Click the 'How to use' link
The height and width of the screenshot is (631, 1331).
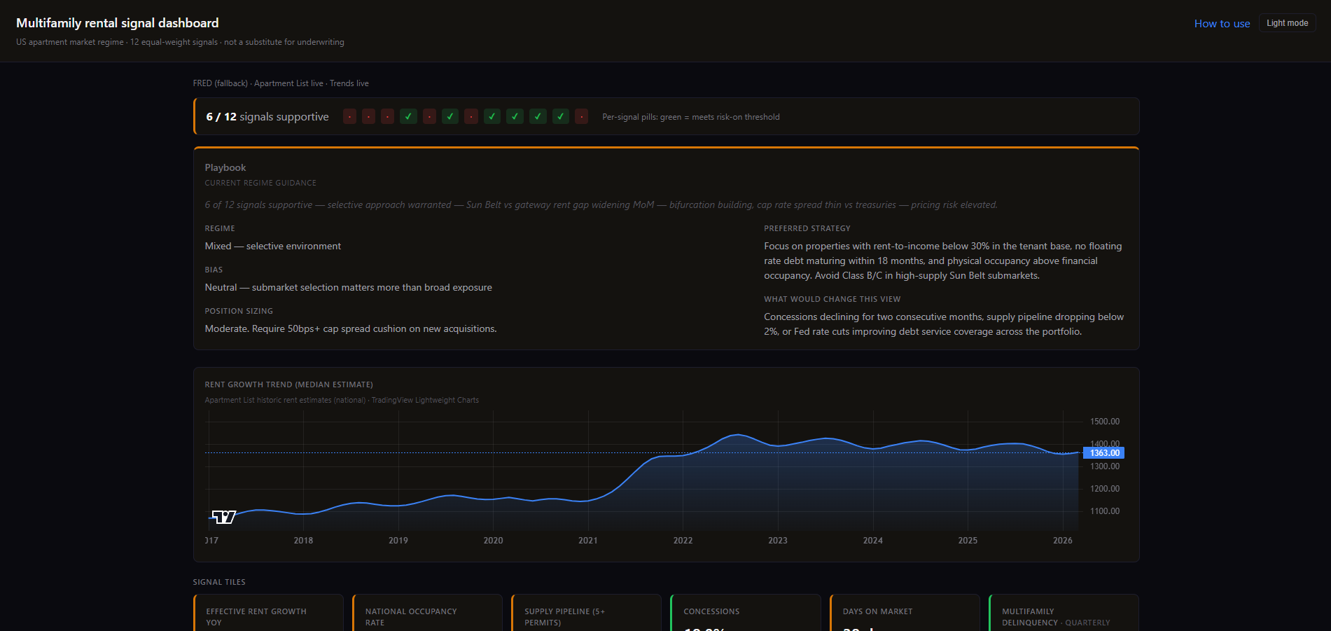point(1222,24)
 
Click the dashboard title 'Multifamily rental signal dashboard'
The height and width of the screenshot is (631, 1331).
point(118,23)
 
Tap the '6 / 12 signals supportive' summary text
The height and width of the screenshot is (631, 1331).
point(267,117)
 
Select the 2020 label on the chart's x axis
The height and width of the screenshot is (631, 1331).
point(493,541)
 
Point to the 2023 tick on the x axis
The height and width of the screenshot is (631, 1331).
point(777,541)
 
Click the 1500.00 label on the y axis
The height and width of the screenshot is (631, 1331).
point(1104,422)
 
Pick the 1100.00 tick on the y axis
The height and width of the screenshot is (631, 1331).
point(1104,511)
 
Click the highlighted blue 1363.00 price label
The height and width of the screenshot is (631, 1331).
point(1104,453)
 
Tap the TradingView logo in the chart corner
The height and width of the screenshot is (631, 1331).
point(224,517)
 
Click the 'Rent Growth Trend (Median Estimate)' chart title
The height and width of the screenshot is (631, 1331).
point(288,384)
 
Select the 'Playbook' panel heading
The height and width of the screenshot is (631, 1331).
point(225,167)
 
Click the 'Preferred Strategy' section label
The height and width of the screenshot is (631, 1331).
point(807,228)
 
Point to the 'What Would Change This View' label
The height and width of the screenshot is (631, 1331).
point(832,299)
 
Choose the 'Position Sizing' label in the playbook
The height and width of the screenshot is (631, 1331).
point(239,311)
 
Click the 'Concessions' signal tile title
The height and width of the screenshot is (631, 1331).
point(711,611)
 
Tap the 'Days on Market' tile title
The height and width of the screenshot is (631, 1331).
point(877,611)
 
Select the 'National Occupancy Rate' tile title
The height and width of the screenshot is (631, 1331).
point(410,616)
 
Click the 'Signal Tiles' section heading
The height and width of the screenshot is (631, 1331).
point(219,582)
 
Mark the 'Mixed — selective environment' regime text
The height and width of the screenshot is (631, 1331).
point(272,246)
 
